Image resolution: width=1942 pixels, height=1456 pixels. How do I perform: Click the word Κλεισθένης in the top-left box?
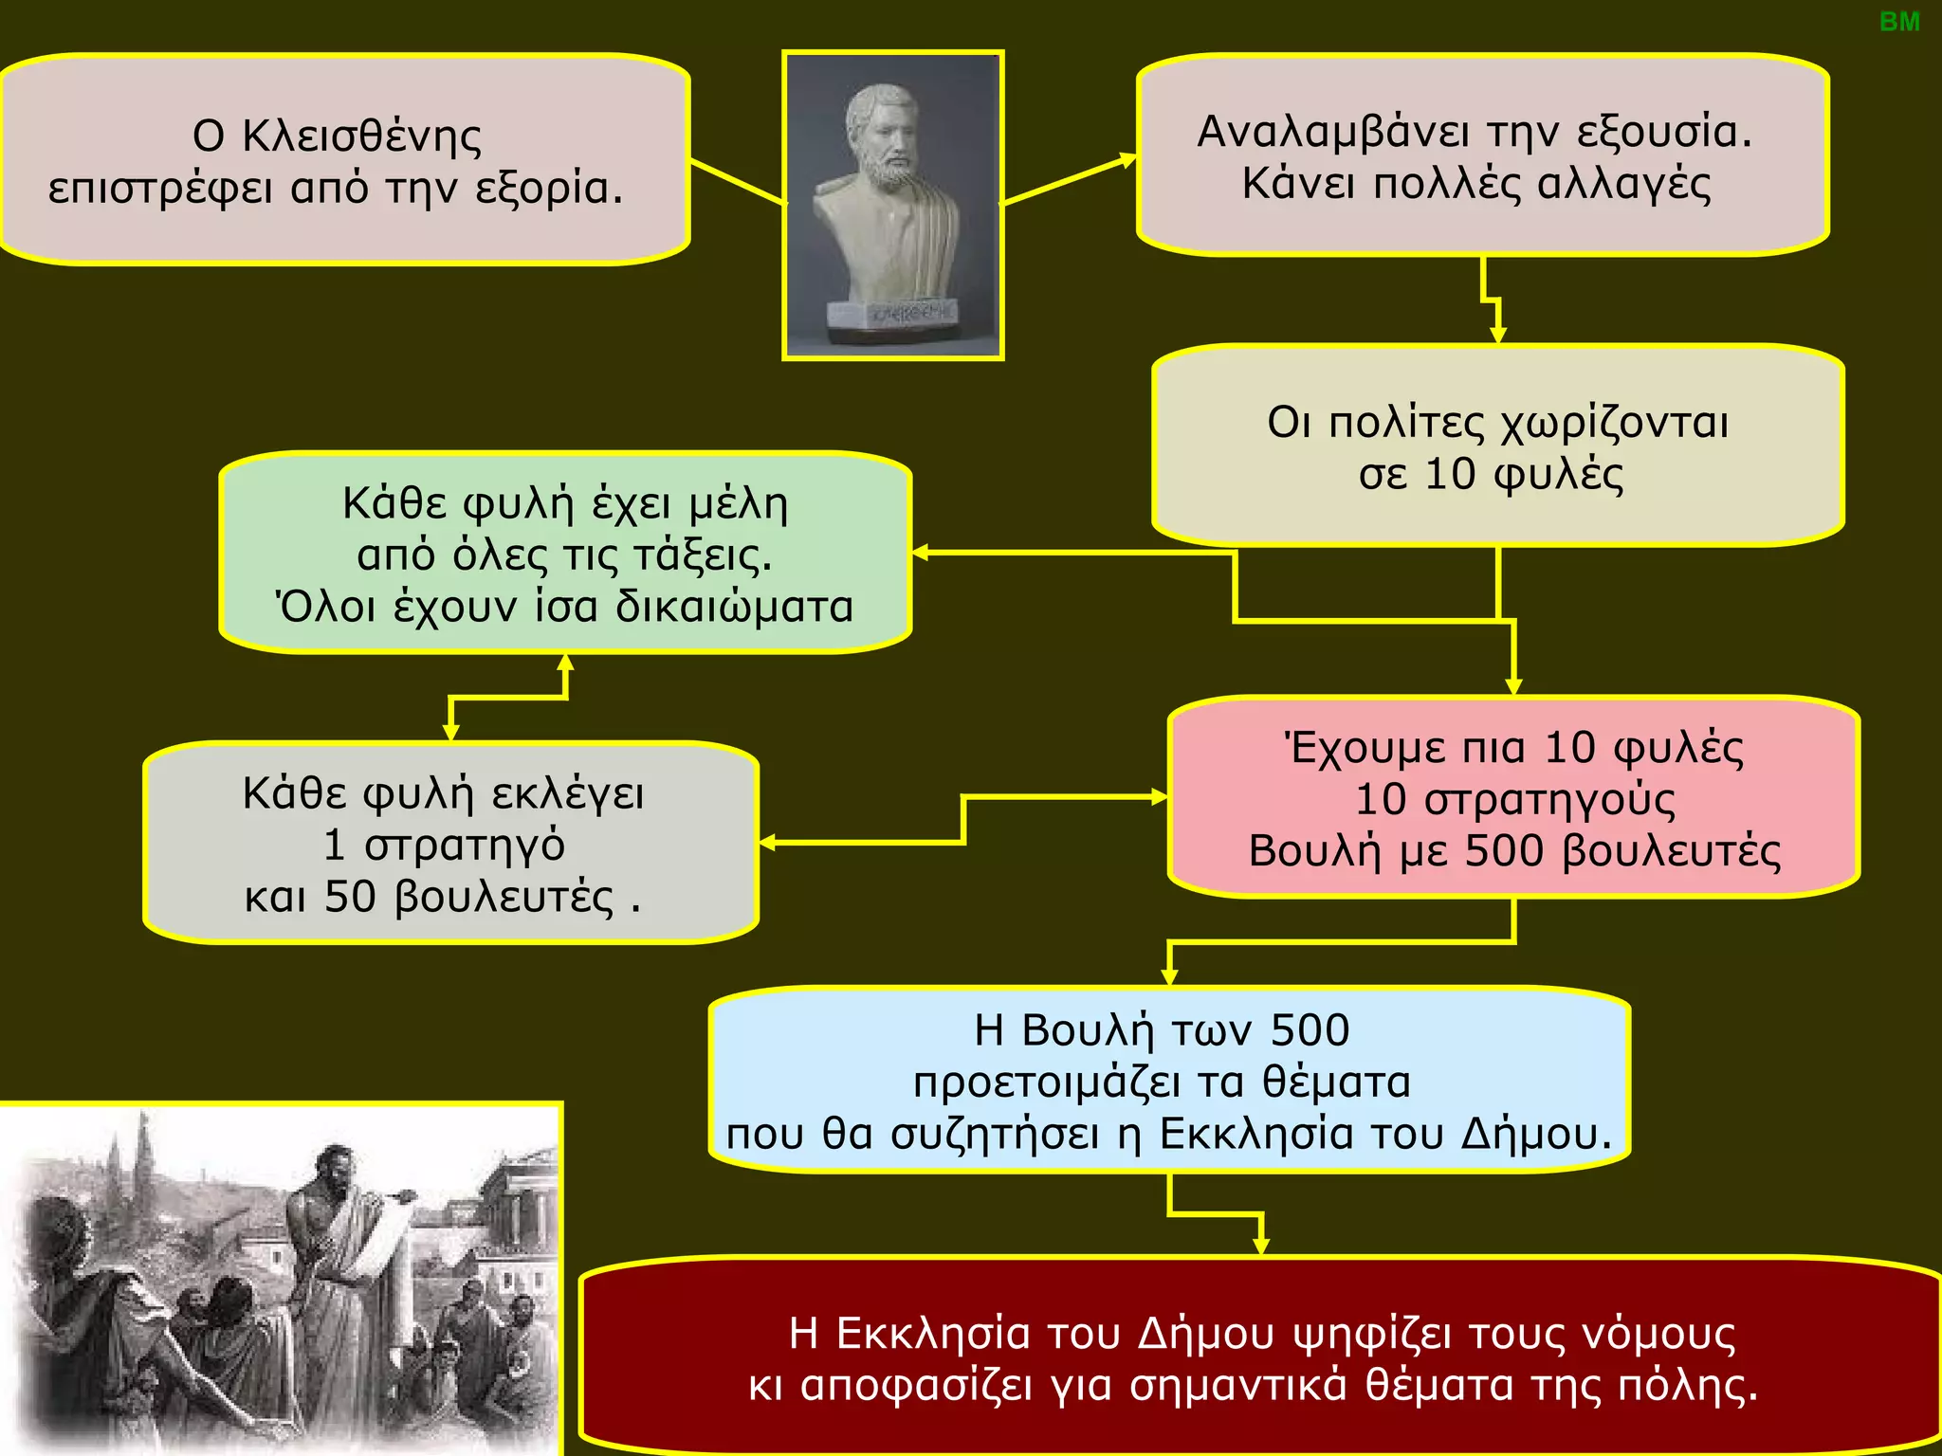361,136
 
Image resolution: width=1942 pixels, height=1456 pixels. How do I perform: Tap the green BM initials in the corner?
1899,22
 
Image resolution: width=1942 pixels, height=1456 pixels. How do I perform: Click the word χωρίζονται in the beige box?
1616,423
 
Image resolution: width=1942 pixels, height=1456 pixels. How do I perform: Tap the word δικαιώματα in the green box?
735,607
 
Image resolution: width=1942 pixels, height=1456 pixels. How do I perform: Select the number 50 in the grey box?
350,897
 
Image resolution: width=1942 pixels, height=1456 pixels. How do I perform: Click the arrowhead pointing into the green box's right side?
919,553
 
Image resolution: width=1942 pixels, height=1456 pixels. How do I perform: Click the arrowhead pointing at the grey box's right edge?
767,843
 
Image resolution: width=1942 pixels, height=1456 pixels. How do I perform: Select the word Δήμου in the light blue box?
1535,1134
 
